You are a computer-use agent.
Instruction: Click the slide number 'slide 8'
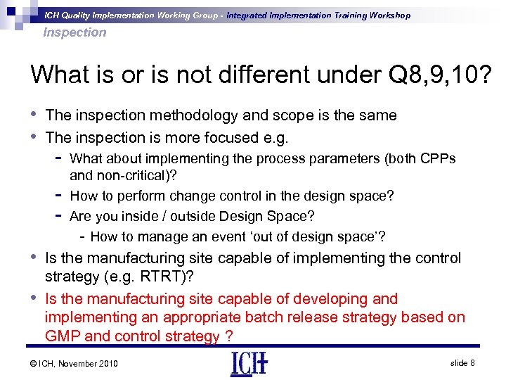point(463,362)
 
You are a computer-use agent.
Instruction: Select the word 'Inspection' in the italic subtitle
point(74,32)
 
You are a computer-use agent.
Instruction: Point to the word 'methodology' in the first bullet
point(188,115)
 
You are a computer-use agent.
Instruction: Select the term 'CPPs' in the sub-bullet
point(439,158)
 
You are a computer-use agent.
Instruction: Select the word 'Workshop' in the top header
point(385,15)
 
